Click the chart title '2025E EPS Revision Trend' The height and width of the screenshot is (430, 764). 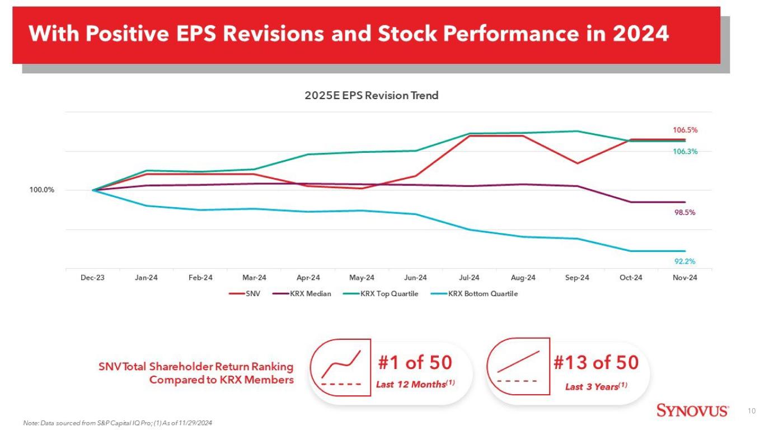click(371, 96)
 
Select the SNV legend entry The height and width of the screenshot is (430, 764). click(245, 294)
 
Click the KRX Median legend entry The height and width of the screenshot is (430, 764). click(302, 294)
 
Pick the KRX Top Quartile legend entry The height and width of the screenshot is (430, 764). click(381, 294)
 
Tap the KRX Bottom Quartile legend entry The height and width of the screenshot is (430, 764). click(475, 294)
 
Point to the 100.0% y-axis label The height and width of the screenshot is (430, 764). click(41, 190)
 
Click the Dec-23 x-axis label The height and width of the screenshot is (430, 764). click(92, 278)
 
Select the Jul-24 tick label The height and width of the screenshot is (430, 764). click(469, 278)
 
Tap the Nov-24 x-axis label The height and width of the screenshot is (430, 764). click(685, 278)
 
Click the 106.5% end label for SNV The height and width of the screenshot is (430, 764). click(685, 130)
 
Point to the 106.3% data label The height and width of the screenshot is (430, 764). click(685, 152)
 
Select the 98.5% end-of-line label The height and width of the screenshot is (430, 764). click(685, 213)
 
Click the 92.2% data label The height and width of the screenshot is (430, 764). click(685, 261)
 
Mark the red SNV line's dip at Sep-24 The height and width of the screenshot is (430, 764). click(576, 163)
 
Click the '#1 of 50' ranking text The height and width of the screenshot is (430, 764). click(415, 362)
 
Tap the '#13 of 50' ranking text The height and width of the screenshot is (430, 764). click(596, 362)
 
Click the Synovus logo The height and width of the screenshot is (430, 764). click(692, 410)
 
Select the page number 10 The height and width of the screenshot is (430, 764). click(752, 411)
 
